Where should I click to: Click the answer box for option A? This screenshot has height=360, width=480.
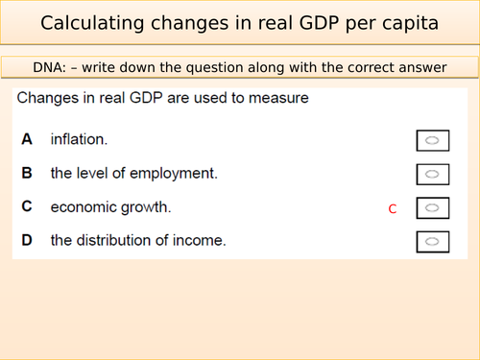pos(432,141)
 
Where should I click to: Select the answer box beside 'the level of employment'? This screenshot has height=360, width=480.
pos(432,174)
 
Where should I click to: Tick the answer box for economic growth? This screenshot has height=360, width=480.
pos(432,207)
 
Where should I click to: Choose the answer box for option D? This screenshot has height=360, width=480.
pos(432,240)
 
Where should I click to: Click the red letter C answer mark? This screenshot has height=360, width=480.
pos(392,208)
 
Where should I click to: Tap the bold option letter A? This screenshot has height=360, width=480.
pos(27,140)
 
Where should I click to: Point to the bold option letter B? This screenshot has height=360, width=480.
pos(27,173)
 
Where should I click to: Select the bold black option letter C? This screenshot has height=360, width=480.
pos(27,206)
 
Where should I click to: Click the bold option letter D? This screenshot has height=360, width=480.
pos(27,240)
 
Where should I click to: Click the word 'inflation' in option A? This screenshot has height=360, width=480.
pos(78,140)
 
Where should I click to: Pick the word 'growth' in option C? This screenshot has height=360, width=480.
pos(149,206)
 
